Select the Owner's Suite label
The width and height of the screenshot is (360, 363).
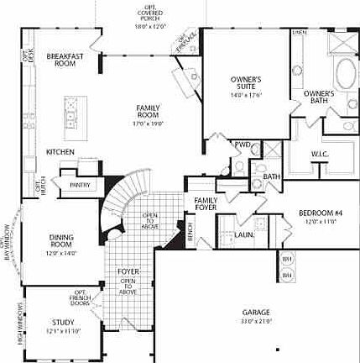coord(247,82)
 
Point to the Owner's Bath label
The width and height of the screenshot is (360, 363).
coord(319,96)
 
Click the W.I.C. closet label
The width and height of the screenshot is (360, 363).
coord(319,154)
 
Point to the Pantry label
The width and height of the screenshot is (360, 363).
coord(82,184)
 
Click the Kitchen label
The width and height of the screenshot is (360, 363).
coord(60,152)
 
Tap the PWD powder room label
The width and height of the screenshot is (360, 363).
coord(243,145)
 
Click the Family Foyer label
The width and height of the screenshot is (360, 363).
coord(206,204)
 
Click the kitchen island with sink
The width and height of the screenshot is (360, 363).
coord(71,107)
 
